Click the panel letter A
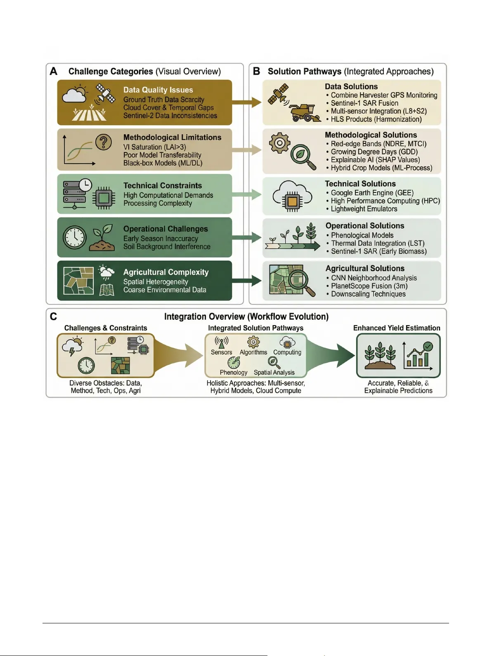click(54, 71)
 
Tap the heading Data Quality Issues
click(158, 90)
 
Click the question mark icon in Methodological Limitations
click(103, 142)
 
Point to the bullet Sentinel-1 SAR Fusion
click(364, 103)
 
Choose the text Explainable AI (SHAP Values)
click(375, 160)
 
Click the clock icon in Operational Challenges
click(74, 238)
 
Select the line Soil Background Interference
click(167, 247)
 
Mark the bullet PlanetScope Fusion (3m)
click(369, 286)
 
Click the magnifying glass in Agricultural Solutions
click(299, 282)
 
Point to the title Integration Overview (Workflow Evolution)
click(246, 316)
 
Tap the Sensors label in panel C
click(221, 352)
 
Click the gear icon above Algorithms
click(253, 342)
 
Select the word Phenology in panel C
click(234, 372)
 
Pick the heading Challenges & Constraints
click(106, 328)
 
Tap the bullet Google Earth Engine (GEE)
click(372, 193)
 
